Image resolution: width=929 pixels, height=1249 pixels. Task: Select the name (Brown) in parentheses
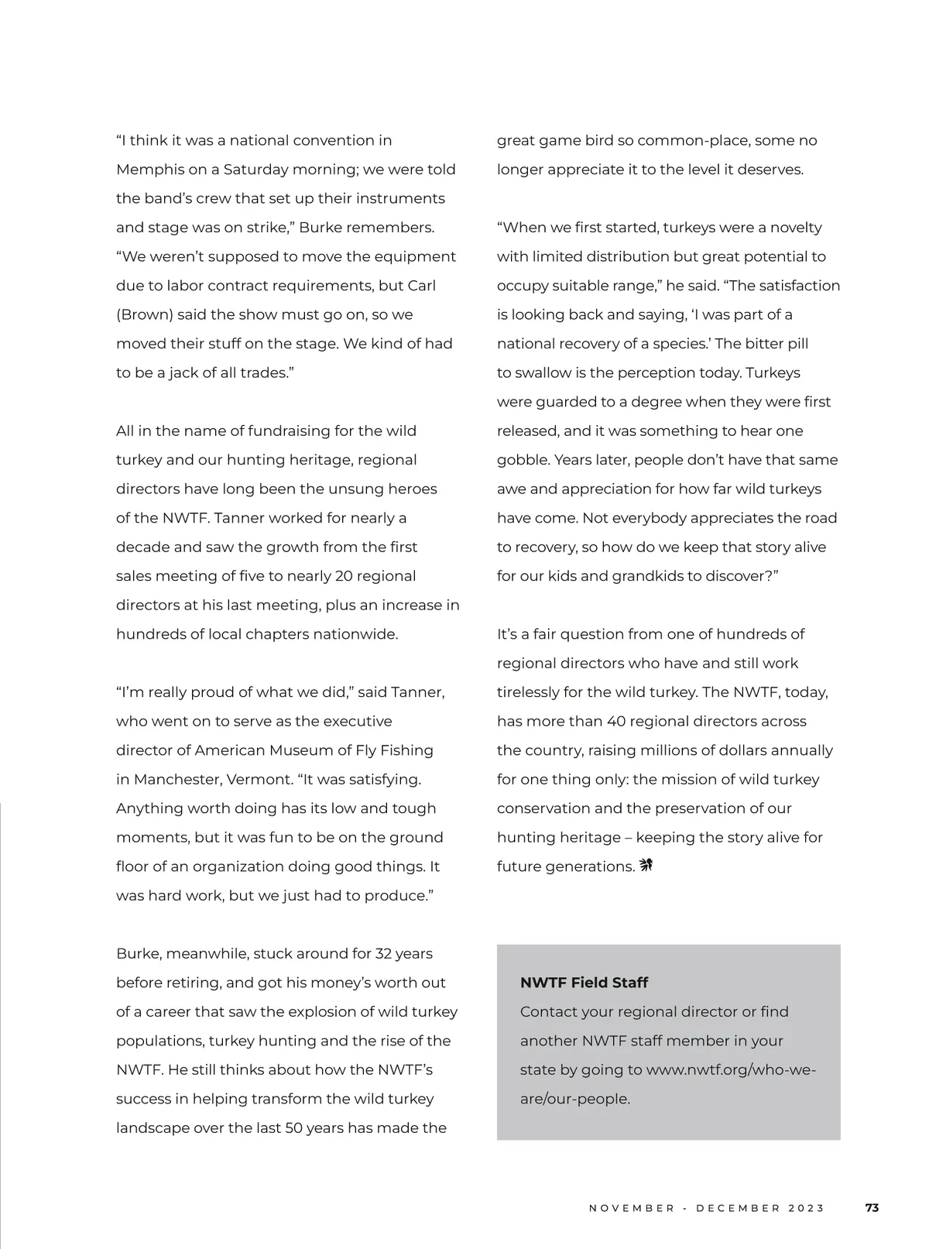click(145, 315)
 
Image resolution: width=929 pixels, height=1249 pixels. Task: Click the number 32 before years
click(385, 954)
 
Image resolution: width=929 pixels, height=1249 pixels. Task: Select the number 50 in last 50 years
click(293, 1128)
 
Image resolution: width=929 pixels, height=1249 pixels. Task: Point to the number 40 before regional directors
click(616, 722)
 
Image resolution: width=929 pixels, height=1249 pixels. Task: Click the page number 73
click(872, 1208)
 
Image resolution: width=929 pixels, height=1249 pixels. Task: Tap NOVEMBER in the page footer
click(632, 1209)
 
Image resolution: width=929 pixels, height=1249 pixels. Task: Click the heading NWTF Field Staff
click(584, 983)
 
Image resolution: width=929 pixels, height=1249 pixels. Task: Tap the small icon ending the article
click(646, 866)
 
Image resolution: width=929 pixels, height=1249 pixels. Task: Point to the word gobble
click(523, 460)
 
